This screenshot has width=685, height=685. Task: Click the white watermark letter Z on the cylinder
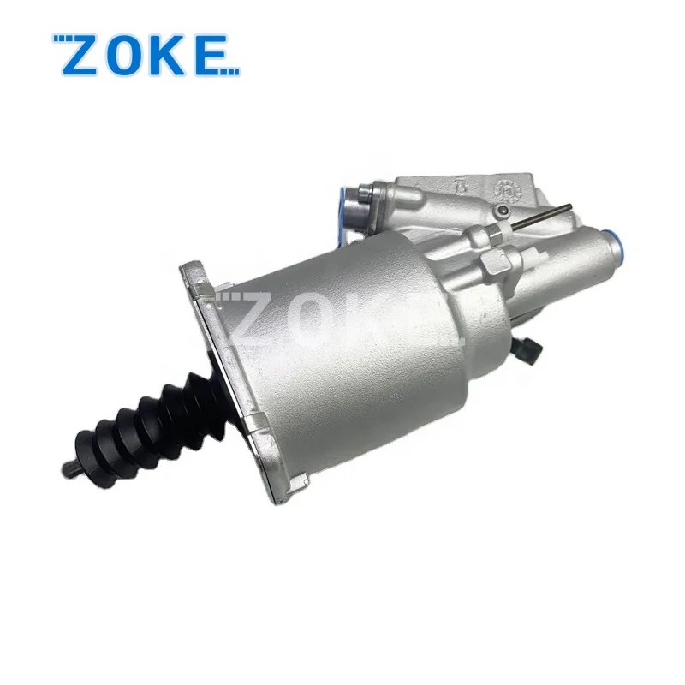click(x=253, y=319)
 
